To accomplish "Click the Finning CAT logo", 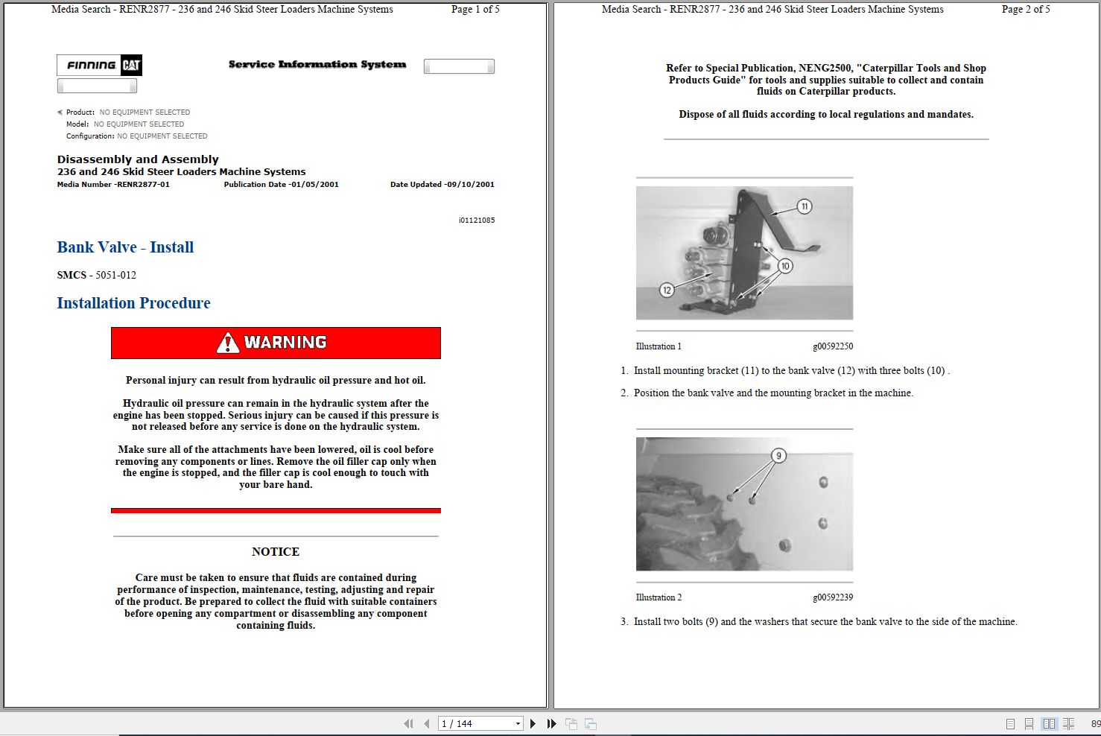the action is tap(99, 65).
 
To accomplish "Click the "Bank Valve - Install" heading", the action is tap(125, 247).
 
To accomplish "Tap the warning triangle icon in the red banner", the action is tap(227, 343).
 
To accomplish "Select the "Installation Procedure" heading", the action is tap(133, 303).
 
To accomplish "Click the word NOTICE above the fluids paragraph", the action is tap(276, 552).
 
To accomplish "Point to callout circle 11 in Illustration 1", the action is tap(804, 206).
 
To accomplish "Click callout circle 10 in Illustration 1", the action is tap(785, 266).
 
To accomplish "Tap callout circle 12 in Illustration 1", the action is tap(667, 290).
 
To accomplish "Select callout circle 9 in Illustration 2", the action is tap(778, 456).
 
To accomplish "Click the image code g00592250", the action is tap(833, 346).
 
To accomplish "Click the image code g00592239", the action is tap(833, 597).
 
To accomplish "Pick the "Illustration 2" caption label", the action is tap(659, 597).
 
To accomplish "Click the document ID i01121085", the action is tap(477, 221).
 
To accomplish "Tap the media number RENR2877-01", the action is tap(143, 184).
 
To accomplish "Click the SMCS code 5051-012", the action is tap(116, 275).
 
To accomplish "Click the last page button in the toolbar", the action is tap(551, 724).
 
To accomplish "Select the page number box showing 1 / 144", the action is tap(480, 724).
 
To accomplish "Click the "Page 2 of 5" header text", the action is tap(1026, 10).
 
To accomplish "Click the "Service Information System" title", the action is tap(317, 64).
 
